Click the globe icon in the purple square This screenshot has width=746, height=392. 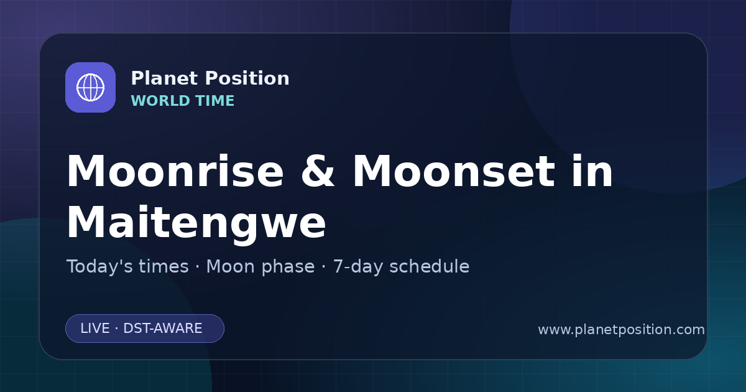pos(90,87)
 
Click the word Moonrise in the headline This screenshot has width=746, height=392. pos(175,171)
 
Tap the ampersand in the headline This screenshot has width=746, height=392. pos(318,171)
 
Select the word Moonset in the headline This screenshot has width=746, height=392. pos(454,171)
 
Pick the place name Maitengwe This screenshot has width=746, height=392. pos(196,222)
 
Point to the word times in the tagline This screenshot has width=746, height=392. pos(164,266)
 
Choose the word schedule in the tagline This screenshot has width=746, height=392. pos(430,266)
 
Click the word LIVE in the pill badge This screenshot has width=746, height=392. pos(95,329)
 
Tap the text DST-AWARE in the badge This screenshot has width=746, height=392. pos(163,329)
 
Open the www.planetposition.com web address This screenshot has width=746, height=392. pos(622,330)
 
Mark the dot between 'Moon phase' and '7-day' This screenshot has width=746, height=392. pos(324,267)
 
